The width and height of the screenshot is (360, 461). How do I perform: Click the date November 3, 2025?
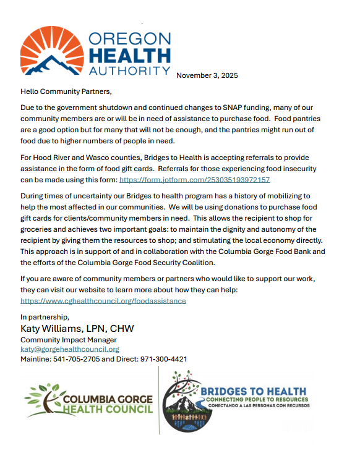207,75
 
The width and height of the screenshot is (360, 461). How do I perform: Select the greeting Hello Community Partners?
66,91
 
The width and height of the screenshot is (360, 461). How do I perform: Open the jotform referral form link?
194,180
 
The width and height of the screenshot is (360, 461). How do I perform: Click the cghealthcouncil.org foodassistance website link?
103,301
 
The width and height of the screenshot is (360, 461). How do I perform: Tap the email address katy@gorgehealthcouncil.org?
70,349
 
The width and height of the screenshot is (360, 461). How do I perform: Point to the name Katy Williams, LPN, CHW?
77,328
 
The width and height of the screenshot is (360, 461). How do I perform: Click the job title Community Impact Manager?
69,340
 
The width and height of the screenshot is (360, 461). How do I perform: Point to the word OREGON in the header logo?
129,38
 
